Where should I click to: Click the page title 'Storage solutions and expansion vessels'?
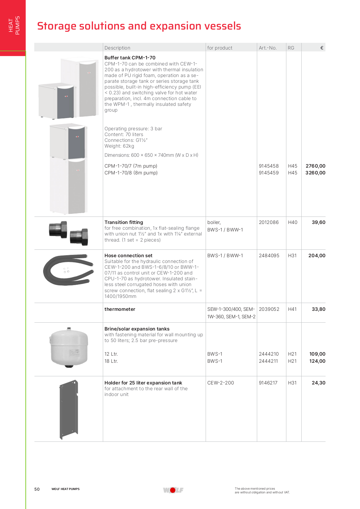coord(139,26)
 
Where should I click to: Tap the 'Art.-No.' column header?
coord(267,48)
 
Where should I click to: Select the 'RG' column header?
coord(291,48)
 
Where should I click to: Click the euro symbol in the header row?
coord(321,48)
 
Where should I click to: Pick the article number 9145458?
coord(268,166)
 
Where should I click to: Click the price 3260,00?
coord(315,173)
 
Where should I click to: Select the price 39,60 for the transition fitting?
coord(318,222)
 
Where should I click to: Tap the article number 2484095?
coord(269,256)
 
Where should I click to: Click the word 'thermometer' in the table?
coord(120,309)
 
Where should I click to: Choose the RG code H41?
coord(292,309)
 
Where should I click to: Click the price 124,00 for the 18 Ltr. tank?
coord(317,361)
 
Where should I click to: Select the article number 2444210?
coord(268,354)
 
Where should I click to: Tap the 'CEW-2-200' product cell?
coord(221,383)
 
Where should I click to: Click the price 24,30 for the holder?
coord(318,383)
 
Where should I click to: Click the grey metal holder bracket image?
coord(69,409)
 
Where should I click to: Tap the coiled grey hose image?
coord(68,270)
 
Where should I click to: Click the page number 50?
coord(37,489)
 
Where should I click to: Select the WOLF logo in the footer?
coord(173,490)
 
